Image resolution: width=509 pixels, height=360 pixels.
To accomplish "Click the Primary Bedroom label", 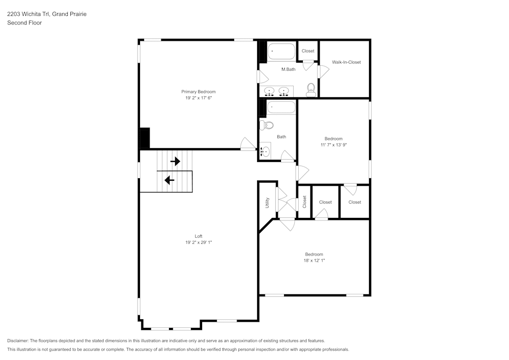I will click(x=198, y=92).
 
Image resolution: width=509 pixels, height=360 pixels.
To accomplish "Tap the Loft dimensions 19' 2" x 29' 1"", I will click(x=198, y=242).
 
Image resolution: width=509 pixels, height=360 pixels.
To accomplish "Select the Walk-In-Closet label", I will click(x=346, y=62).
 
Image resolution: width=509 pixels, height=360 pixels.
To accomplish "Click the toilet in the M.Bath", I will click(x=311, y=91).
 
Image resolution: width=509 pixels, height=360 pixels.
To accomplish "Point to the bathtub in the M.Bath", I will click(x=281, y=52).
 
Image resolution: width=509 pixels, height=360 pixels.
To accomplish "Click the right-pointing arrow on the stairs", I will click(x=175, y=161).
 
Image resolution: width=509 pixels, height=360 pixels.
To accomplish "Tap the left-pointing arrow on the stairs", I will click(x=169, y=180).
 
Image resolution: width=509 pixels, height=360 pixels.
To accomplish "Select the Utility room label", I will click(x=267, y=203).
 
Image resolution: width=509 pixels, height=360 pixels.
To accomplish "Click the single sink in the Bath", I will click(x=265, y=151).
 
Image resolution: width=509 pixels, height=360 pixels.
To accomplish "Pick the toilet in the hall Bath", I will click(x=266, y=125).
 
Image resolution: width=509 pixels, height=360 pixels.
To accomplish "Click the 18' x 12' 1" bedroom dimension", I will click(x=314, y=260).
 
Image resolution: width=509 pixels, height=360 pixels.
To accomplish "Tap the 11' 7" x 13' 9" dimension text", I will click(x=333, y=145).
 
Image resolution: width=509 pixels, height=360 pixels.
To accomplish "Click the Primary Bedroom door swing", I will click(x=248, y=144).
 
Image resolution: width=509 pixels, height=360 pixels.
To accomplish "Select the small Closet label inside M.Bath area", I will click(x=308, y=51).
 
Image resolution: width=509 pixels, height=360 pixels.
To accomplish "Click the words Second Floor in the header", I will click(x=24, y=23).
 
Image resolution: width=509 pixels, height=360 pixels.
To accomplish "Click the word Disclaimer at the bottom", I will click(x=18, y=341).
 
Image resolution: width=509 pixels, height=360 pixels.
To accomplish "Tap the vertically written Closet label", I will click(x=304, y=202).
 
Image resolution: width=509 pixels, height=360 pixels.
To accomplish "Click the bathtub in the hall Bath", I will click(x=281, y=107).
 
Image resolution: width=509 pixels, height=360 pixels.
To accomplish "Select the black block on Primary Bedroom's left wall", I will click(x=145, y=137).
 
